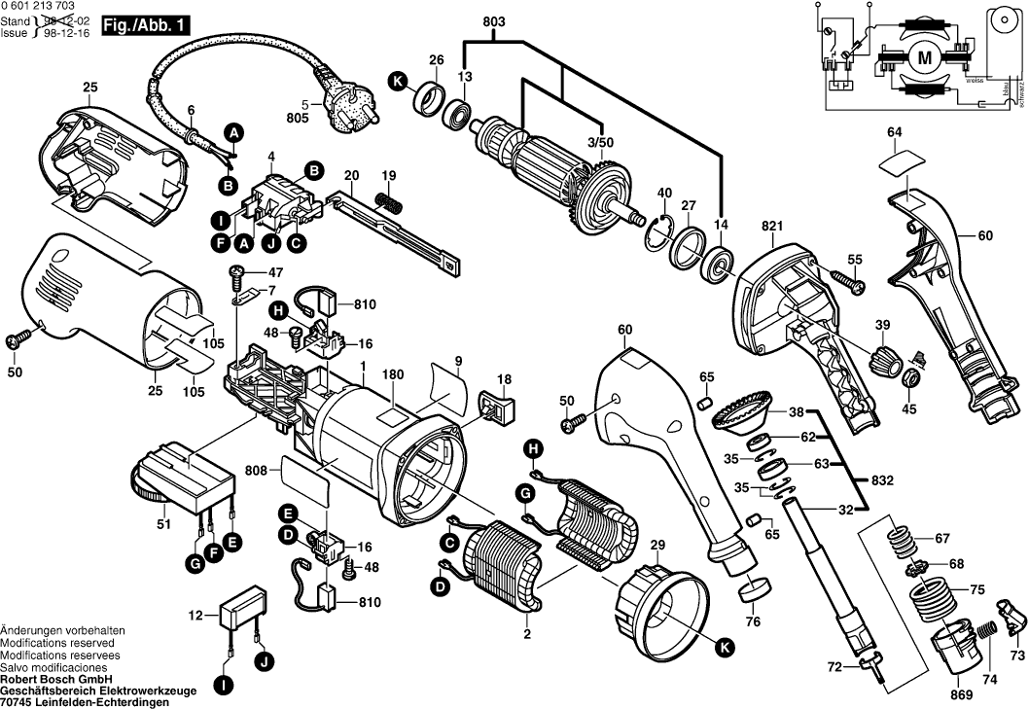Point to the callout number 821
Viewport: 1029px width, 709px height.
[772, 226]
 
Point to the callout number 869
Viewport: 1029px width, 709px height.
[961, 695]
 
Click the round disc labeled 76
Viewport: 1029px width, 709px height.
[755, 589]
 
